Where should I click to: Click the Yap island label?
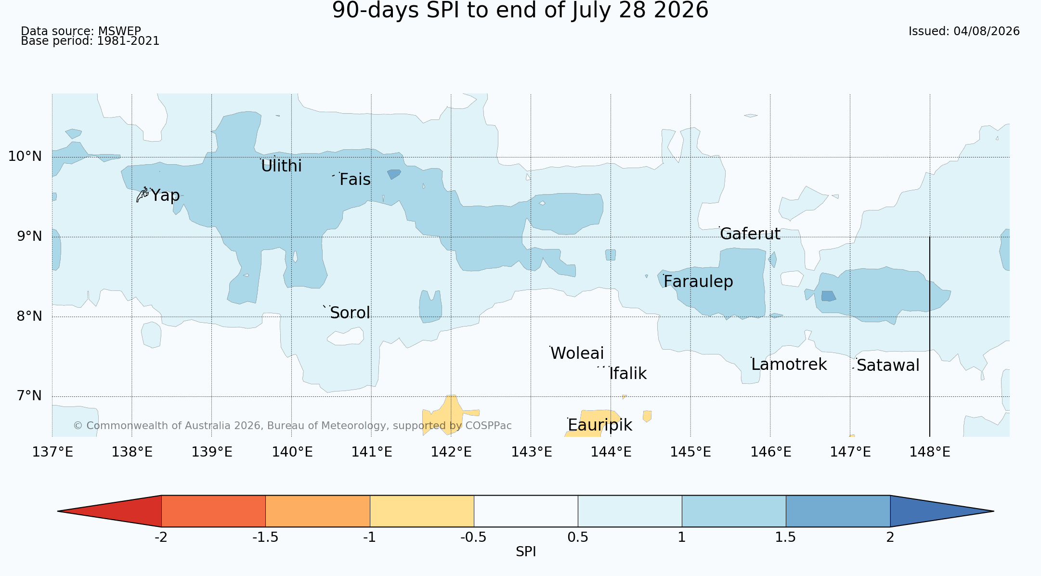click(165, 196)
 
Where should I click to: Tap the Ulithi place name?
click(281, 166)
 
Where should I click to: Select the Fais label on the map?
click(355, 180)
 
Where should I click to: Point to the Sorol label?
click(350, 313)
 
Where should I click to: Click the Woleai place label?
click(577, 353)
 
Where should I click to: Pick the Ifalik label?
click(628, 374)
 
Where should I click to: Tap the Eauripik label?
click(600, 425)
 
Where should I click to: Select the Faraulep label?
click(698, 282)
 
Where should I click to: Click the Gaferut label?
click(750, 234)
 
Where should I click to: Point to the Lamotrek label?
click(789, 365)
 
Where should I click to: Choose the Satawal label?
click(888, 366)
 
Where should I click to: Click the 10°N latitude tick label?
click(25, 157)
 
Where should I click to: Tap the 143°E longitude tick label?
click(531, 452)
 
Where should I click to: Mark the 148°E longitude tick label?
click(930, 452)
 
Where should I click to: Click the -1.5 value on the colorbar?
click(265, 537)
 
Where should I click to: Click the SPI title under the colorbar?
click(526, 552)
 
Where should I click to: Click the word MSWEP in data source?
click(119, 32)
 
